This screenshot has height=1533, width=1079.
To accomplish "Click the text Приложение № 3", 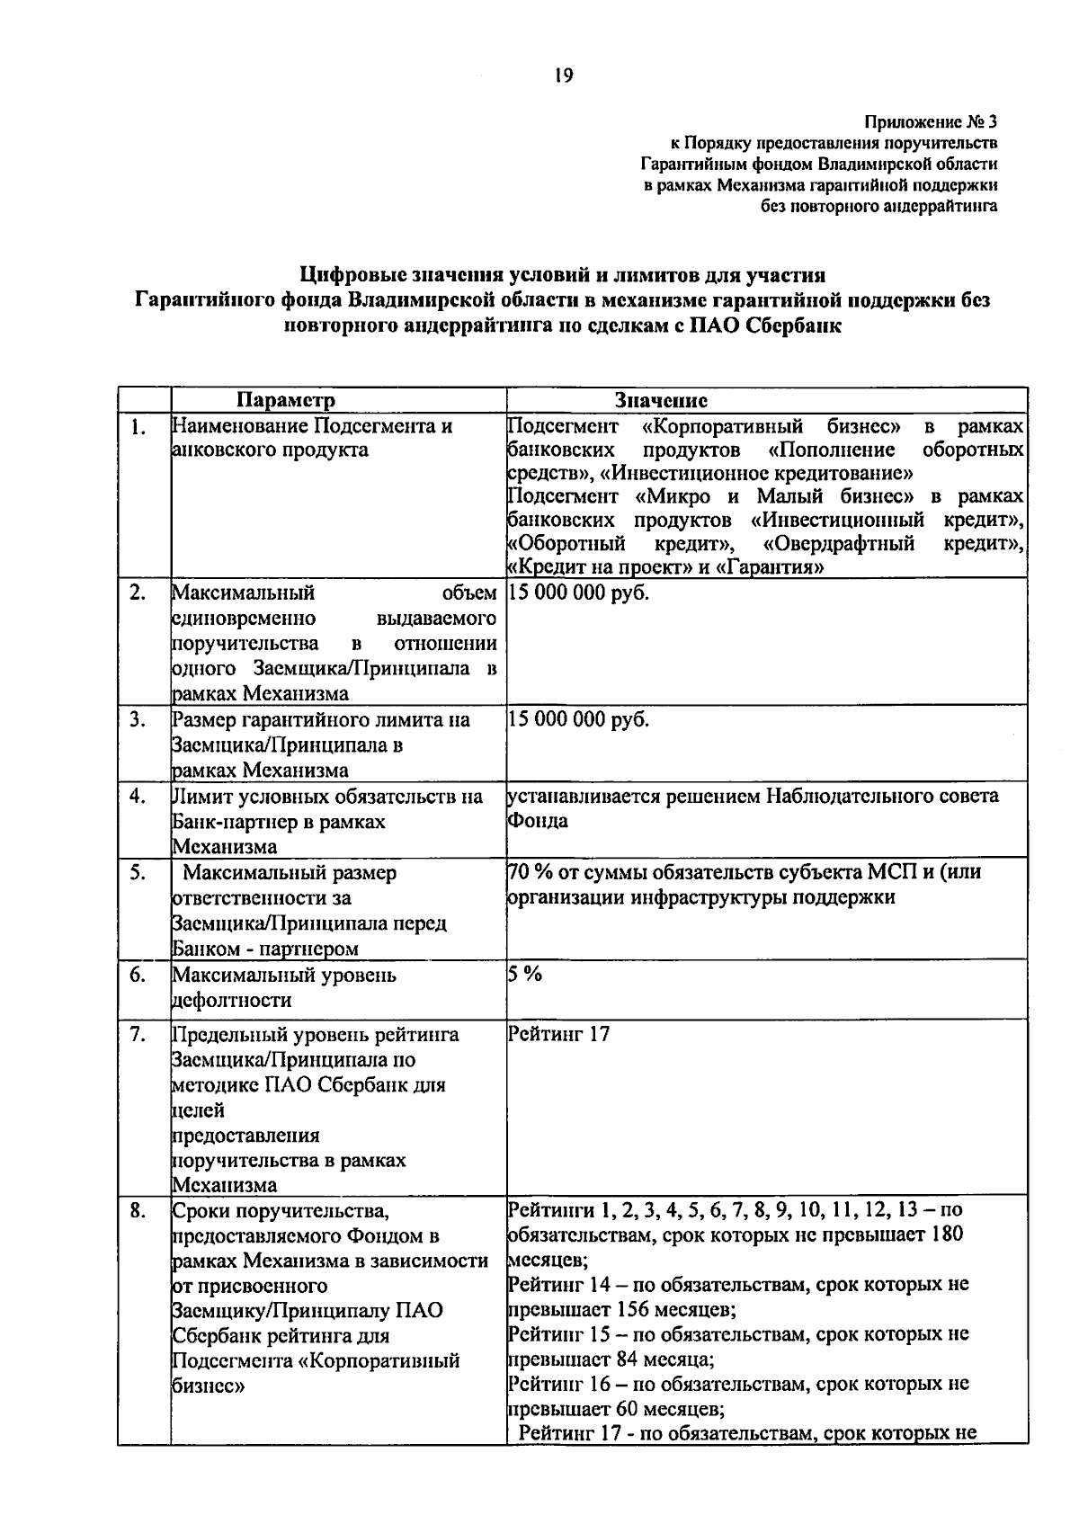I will [932, 121].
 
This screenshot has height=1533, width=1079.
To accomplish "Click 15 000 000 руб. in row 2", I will [578, 593].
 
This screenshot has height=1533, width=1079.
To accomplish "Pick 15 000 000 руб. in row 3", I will [578, 719].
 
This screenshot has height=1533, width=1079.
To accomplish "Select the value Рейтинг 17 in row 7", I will [559, 1034].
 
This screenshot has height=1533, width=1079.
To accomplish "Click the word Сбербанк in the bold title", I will [795, 325].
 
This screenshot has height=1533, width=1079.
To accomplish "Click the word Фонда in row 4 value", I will [538, 822].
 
